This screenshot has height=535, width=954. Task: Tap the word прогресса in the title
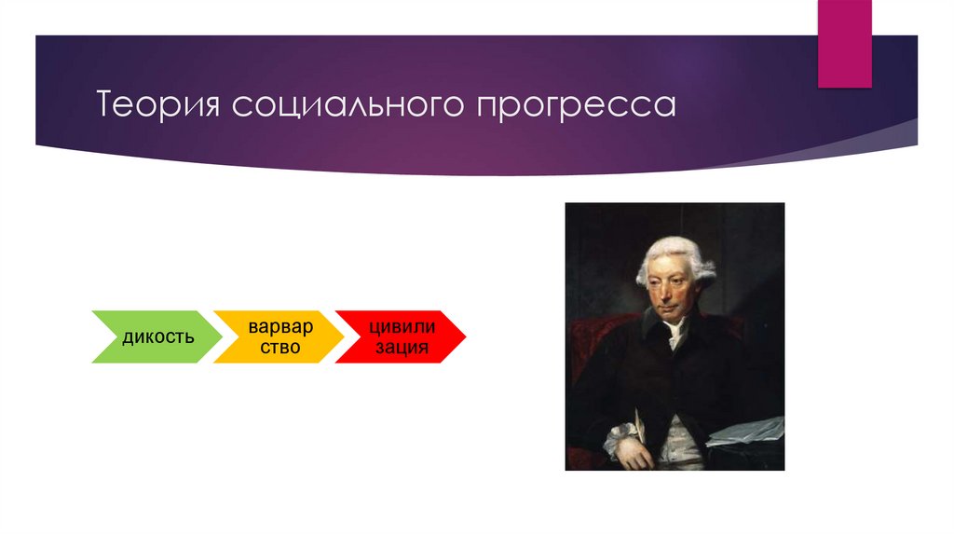point(577,104)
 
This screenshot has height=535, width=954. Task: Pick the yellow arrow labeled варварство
point(276,336)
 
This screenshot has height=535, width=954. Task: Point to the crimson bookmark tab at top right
point(844,42)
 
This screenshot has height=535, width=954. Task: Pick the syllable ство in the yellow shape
point(280,347)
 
